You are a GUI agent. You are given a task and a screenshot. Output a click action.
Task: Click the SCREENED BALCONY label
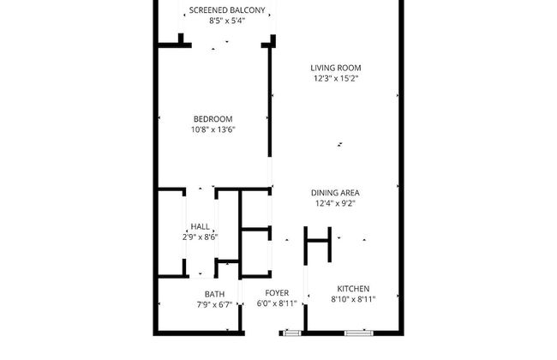pyautogui.click(x=227, y=10)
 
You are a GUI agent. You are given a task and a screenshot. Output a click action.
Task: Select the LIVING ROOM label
pyautogui.click(x=336, y=67)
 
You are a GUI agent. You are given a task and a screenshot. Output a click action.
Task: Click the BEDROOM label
pyautogui.click(x=213, y=118)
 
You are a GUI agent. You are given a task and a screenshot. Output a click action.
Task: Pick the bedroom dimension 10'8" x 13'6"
pyautogui.click(x=213, y=129)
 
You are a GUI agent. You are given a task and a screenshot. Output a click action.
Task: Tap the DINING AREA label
pyautogui.click(x=334, y=193)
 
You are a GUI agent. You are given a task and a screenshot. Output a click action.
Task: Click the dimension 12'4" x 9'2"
pyautogui.click(x=334, y=204)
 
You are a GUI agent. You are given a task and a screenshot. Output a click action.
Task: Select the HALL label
pyautogui.click(x=201, y=226)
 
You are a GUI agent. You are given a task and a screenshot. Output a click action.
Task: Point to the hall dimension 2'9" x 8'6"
pyautogui.click(x=201, y=237)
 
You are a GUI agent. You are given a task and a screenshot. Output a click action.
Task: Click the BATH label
pyautogui.click(x=214, y=293)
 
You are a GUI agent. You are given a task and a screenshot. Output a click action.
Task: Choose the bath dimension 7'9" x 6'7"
pyautogui.click(x=214, y=304)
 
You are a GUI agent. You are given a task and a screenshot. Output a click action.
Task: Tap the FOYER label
pyautogui.click(x=277, y=293)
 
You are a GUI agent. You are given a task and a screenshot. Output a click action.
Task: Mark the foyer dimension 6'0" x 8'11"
pyautogui.click(x=277, y=304)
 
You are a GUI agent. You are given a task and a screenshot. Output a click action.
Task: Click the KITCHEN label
pyautogui.click(x=353, y=289)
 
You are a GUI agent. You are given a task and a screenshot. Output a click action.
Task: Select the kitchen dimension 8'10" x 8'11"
pyautogui.click(x=353, y=300)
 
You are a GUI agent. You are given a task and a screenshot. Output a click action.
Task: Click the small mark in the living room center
pyautogui.click(x=340, y=145)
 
